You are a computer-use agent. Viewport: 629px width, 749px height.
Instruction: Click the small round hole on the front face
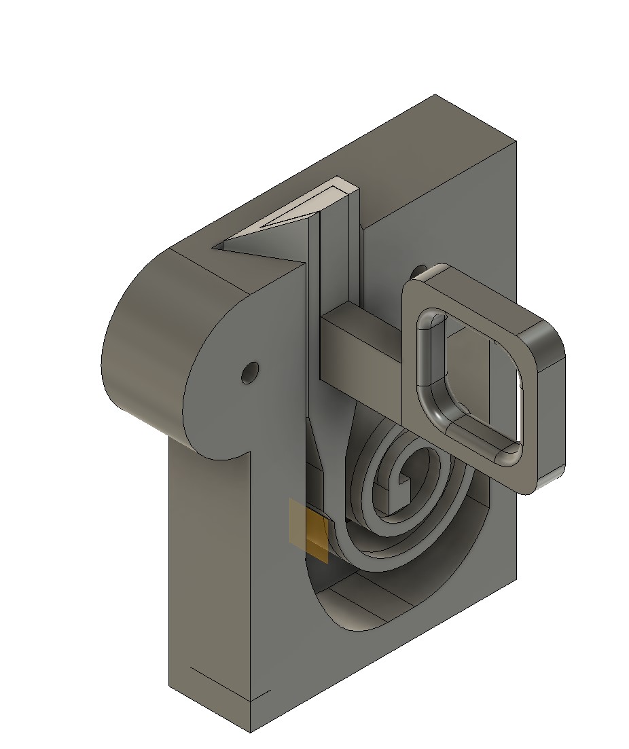[x=250, y=373]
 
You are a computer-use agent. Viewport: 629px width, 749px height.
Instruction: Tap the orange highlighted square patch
[x=317, y=536]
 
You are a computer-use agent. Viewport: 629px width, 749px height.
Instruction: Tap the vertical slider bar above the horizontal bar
[x=334, y=258]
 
